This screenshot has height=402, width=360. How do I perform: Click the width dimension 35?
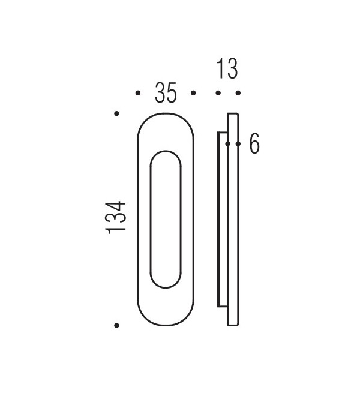tap(165, 93)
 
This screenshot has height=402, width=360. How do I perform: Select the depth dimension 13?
tap(226, 69)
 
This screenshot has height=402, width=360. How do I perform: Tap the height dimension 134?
tap(116, 217)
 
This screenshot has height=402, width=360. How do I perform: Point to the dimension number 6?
tap(254, 144)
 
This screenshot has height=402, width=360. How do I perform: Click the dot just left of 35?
tap(138, 93)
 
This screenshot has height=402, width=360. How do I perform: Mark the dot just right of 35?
tap(193, 93)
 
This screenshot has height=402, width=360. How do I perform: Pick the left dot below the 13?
tap(218, 93)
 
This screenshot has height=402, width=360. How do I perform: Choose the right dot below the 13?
tap(238, 93)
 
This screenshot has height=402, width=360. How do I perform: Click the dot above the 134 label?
tap(116, 113)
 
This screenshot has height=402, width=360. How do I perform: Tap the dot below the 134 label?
tap(116, 325)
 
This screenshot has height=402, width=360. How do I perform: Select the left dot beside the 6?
tap(228, 144)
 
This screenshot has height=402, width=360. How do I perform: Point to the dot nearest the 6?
tap(238, 144)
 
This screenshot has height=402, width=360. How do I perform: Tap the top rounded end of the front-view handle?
tap(165, 120)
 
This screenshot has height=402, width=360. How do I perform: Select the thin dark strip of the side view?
tap(218, 219)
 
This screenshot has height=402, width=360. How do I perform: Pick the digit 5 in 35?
tap(172, 93)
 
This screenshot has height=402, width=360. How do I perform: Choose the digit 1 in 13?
tap(220, 69)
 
